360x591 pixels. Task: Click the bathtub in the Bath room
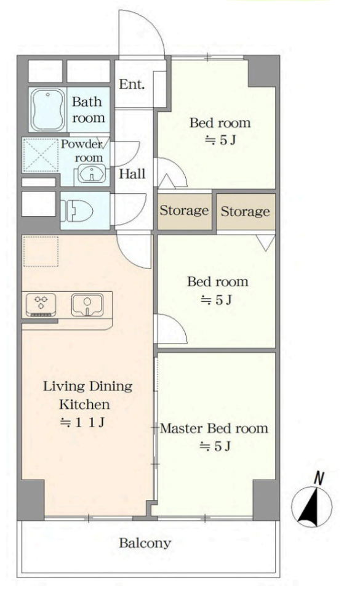click(47, 110)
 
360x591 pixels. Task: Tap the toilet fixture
click(77, 211)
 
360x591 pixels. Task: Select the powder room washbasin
click(92, 174)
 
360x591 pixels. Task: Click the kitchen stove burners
click(41, 305)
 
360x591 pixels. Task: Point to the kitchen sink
click(87, 305)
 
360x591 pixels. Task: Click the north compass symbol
click(312, 506)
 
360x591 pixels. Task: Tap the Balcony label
click(145, 543)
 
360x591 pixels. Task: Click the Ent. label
click(132, 84)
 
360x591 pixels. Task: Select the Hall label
click(132, 174)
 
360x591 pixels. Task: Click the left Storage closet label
click(184, 211)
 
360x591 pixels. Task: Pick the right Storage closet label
click(245, 211)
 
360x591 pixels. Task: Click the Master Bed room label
click(214, 428)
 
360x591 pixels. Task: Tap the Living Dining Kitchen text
click(87, 395)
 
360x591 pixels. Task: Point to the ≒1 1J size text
click(82, 422)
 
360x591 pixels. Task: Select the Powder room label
click(82, 150)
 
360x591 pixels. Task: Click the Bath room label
click(88, 110)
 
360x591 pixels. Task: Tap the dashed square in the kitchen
click(41, 251)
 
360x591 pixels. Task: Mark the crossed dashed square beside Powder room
click(41, 156)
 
